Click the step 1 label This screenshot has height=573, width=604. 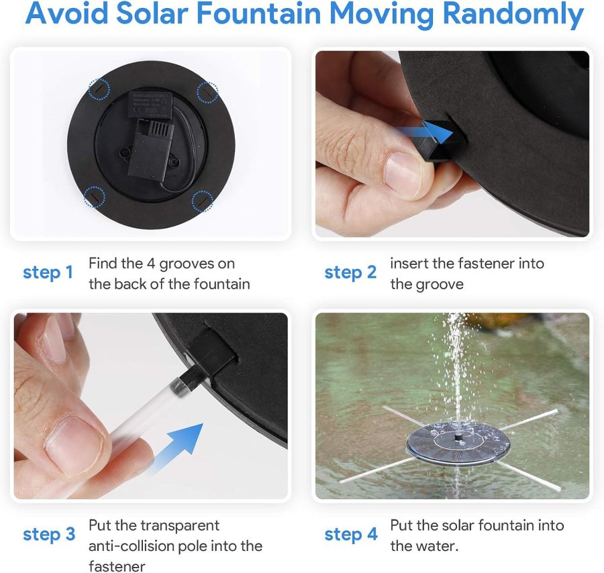pos(48,272)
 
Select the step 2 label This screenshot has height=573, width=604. pos(350,272)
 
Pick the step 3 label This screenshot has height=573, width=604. pos(49,534)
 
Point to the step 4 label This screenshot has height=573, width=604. pos(351,534)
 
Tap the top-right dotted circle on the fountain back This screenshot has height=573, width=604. pos(207,92)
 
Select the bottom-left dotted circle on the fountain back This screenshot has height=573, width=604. pos(94,197)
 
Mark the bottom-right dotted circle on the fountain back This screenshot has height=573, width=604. pos(202,200)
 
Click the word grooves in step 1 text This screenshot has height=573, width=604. pos(209,264)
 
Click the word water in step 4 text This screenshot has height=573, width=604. pos(436,546)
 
